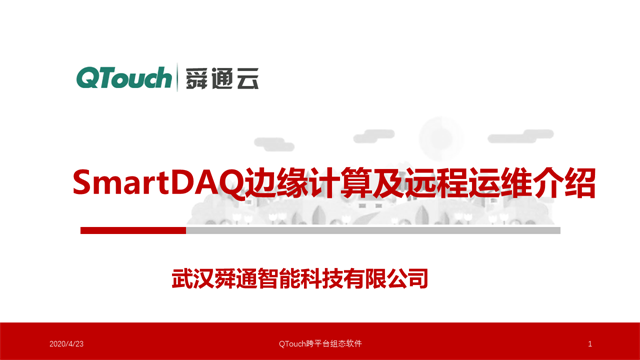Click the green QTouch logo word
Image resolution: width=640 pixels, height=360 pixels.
coord(124,77)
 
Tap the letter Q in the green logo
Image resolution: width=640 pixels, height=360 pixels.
coord(88,77)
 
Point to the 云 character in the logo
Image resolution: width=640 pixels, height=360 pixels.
coord(246,78)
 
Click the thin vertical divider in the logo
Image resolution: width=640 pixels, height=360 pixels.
coord(177,77)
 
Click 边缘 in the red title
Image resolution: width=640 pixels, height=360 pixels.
coord(263,184)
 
